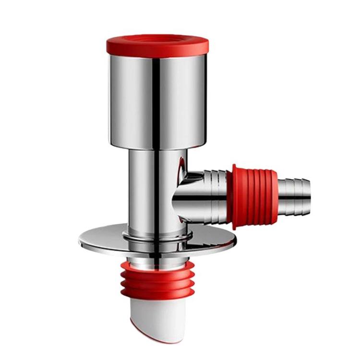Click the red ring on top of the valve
(x=157, y=44)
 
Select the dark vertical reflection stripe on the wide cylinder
(x=156, y=96)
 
